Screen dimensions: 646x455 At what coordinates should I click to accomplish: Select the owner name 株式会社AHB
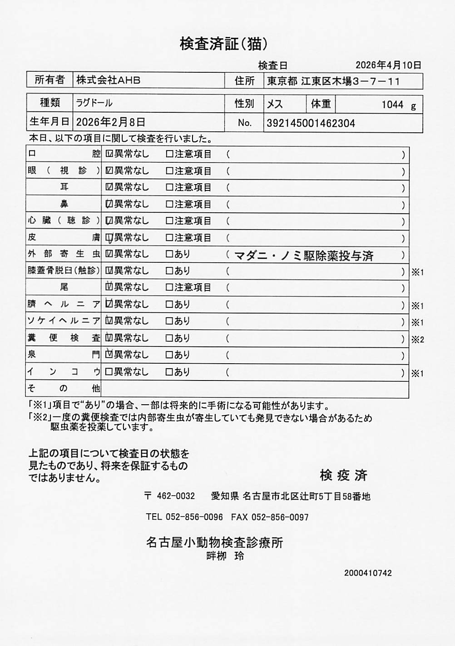tap(108, 80)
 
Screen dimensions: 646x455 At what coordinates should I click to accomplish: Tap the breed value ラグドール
tap(94, 103)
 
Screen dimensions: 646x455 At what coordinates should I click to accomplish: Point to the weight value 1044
tap(392, 105)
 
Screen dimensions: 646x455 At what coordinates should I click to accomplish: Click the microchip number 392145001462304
tap(311, 123)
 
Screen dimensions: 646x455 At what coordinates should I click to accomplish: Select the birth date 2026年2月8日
tap(111, 122)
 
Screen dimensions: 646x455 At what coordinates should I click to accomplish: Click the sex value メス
tap(275, 104)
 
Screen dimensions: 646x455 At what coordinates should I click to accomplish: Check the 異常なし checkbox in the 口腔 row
tap(109, 154)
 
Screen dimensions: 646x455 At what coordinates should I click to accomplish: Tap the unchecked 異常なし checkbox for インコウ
tap(109, 372)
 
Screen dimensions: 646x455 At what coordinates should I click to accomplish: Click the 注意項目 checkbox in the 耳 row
tap(169, 187)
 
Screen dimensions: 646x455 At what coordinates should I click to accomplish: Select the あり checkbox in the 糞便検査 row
tap(169, 338)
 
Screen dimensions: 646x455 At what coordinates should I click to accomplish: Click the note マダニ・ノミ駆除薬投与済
tap(304, 256)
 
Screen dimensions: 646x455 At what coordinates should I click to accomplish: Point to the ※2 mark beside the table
tap(417, 339)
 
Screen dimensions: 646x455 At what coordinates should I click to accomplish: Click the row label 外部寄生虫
tap(64, 254)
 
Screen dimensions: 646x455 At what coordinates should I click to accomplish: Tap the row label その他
tap(64, 388)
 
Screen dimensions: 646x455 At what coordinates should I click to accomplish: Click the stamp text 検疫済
tap(343, 476)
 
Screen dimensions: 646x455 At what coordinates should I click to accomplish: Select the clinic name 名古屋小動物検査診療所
tap(214, 542)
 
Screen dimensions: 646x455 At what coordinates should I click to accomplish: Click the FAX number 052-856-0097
tap(280, 517)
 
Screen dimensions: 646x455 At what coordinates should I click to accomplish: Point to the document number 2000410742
tap(368, 573)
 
